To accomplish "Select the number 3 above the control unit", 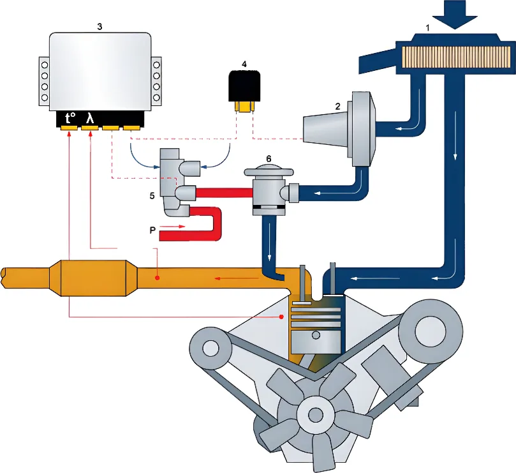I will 100,27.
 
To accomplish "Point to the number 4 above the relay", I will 244,64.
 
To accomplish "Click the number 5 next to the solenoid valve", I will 152,195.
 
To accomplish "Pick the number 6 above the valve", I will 269,157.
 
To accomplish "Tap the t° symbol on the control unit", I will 70,117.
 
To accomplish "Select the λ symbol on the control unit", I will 91,117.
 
